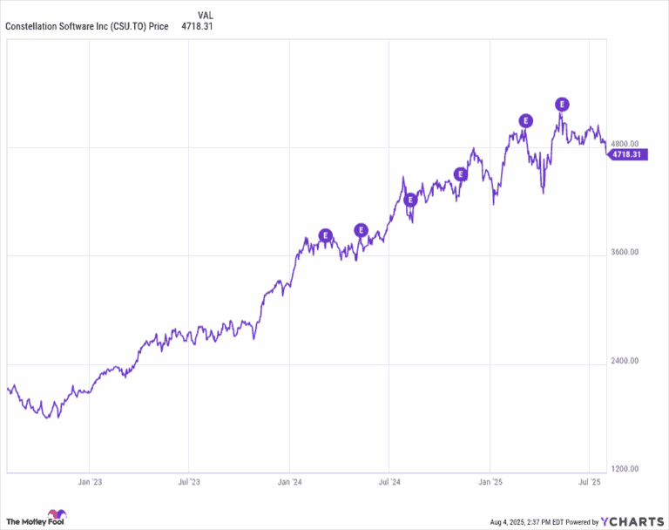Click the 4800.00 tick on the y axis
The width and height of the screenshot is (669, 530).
click(x=625, y=144)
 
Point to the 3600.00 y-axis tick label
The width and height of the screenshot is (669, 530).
click(x=625, y=253)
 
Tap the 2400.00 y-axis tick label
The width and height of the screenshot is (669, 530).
click(x=625, y=361)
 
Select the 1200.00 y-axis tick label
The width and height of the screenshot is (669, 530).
click(x=625, y=469)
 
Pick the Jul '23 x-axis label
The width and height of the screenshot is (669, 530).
click(x=189, y=481)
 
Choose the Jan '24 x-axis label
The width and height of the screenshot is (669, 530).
click(x=290, y=481)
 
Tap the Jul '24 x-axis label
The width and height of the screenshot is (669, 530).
click(x=389, y=481)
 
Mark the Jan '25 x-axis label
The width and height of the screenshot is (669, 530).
click(x=490, y=481)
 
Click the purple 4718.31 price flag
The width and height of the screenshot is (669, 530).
click(x=626, y=154)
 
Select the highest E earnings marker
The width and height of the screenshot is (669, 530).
click(x=562, y=105)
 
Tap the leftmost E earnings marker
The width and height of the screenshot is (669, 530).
click(x=326, y=234)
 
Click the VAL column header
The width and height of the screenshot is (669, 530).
click(x=205, y=15)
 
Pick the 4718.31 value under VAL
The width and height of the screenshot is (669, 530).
click(x=197, y=26)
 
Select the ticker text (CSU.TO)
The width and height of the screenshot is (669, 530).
click(x=128, y=26)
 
